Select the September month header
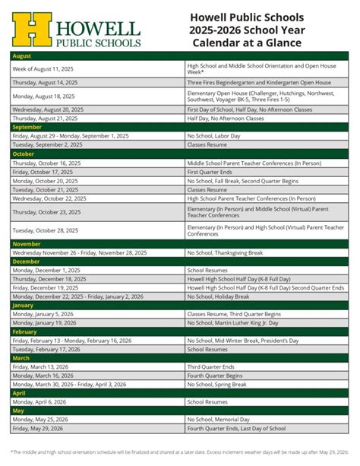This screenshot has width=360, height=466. (x=27, y=127)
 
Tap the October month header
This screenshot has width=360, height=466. (x=24, y=154)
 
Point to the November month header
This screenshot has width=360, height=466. (x=28, y=243)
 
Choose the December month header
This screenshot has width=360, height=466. (x=28, y=261)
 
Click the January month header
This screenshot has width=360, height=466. (x=24, y=305)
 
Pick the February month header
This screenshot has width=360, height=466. (x=26, y=331)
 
